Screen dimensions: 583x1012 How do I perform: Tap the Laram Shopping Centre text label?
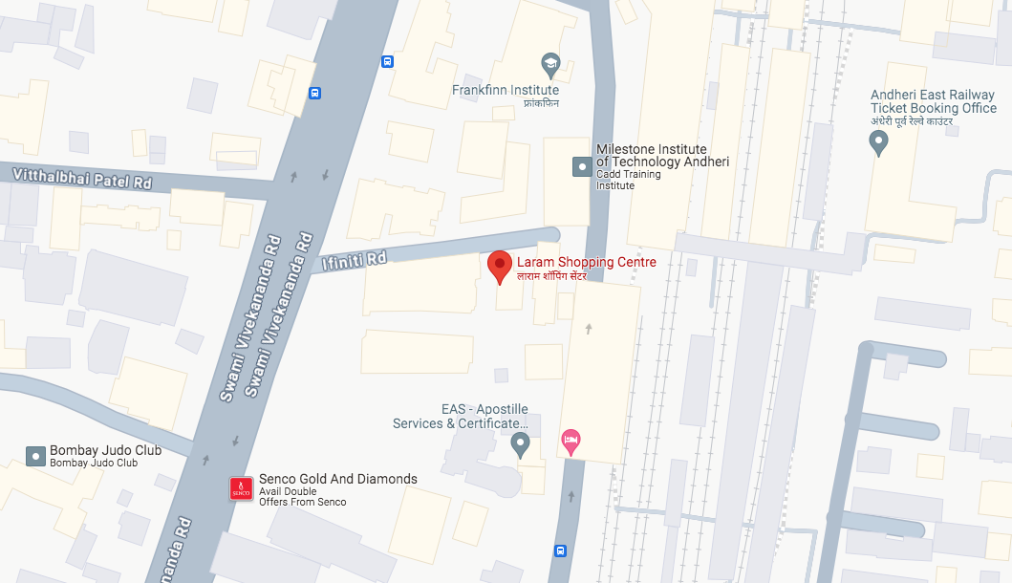pyautogui.click(x=586, y=262)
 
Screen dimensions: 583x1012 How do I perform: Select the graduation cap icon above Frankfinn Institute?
pyautogui.click(x=550, y=65)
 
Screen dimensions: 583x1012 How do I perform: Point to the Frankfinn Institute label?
pyautogui.click(x=506, y=91)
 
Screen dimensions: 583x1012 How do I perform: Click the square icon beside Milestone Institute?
pyautogui.click(x=581, y=167)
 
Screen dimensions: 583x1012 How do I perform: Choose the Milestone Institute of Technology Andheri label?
pyautogui.click(x=661, y=156)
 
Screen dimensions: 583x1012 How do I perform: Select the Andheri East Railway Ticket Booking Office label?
pyautogui.click(x=934, y=101)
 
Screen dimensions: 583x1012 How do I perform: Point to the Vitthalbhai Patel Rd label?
pyautogui.click(x=83, y=177)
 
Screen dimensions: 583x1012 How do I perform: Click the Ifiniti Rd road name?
pyautogui.click(x=355, y=258)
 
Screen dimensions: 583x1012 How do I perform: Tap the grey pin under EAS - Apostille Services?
pyautogui.click(x=521, y=443)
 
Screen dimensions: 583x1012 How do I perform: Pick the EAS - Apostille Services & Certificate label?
pyautogui.click(x=461, y=417)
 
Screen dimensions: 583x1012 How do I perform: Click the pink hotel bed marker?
pyautogui.click(x=571, y=442)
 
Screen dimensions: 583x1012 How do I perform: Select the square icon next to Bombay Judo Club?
pyautogui.click(x=36, y=456)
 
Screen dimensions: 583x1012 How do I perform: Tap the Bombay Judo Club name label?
pyautogui.click(x=105, y=450)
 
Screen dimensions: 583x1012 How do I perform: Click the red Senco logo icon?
pyautogui.click(x=241, y=489)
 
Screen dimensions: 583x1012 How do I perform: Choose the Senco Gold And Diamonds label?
pyautogui.click(x=338, y=479)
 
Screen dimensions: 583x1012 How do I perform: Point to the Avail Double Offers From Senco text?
pyautogui.click(x=302, y=496)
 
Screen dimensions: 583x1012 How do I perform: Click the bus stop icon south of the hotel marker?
pyautogui.click(x=561, y=551)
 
